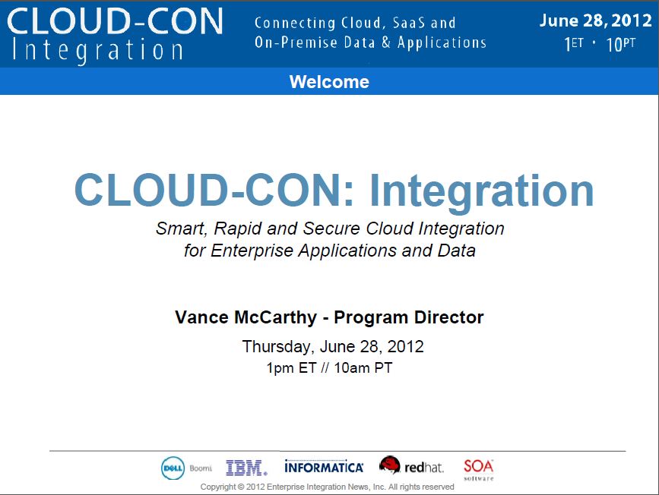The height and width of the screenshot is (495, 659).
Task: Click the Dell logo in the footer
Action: tap(173, 468)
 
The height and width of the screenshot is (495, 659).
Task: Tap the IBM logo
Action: tap(246, 468)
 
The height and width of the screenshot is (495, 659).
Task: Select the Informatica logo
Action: tap(324, 467)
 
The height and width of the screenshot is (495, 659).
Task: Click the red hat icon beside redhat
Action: tap(390, 465)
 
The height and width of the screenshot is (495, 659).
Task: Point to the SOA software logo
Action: tap(478, 469)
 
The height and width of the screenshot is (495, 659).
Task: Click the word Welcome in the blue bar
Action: tap(329, 82)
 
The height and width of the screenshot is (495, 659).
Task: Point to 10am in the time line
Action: tap(352, 368)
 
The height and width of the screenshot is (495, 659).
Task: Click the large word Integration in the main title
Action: tap(481, 191)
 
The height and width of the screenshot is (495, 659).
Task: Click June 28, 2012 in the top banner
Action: tap(595, 20)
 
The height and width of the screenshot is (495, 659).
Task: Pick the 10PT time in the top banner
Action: tap(621, 44)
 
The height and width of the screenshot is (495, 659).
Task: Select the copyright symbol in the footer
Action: tap(241, 487)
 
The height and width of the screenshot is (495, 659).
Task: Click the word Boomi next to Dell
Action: tap(201, 468)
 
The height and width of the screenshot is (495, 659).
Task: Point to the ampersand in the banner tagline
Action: tap(386, 43)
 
